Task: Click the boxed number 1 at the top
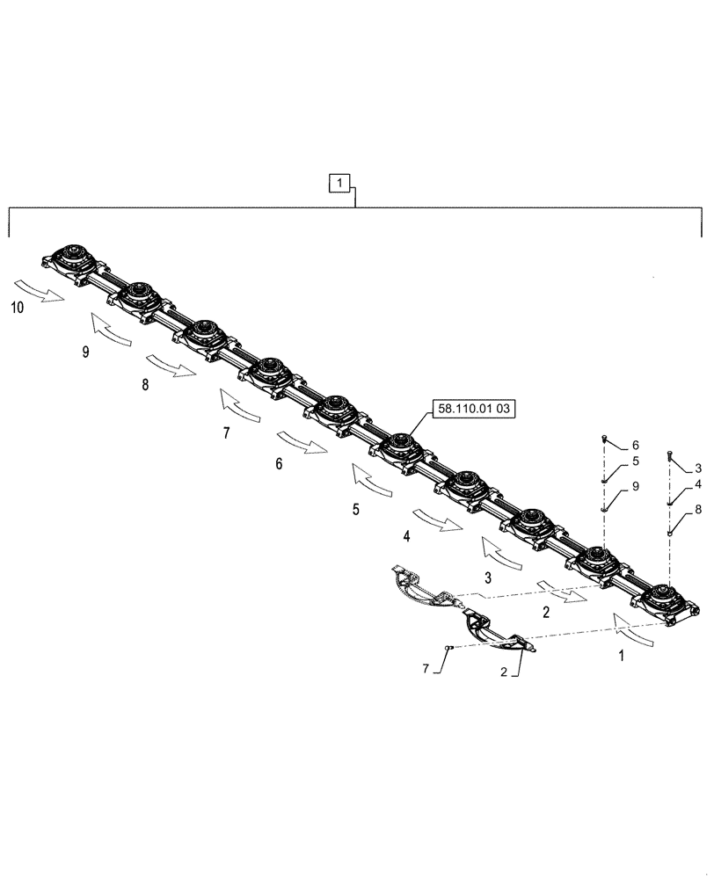[x=340, y=183]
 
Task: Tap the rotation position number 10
[x=18, y=307]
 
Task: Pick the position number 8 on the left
[x=144, y=385]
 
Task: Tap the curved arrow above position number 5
[x=372, y=482]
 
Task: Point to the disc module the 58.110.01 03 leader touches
[x=401, y=445]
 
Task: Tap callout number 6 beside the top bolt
[x=636, y=446]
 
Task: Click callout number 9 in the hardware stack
[x=635, y=486]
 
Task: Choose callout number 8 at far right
[x=698, y=509]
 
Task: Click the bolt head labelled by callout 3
[x=671, y=453]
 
